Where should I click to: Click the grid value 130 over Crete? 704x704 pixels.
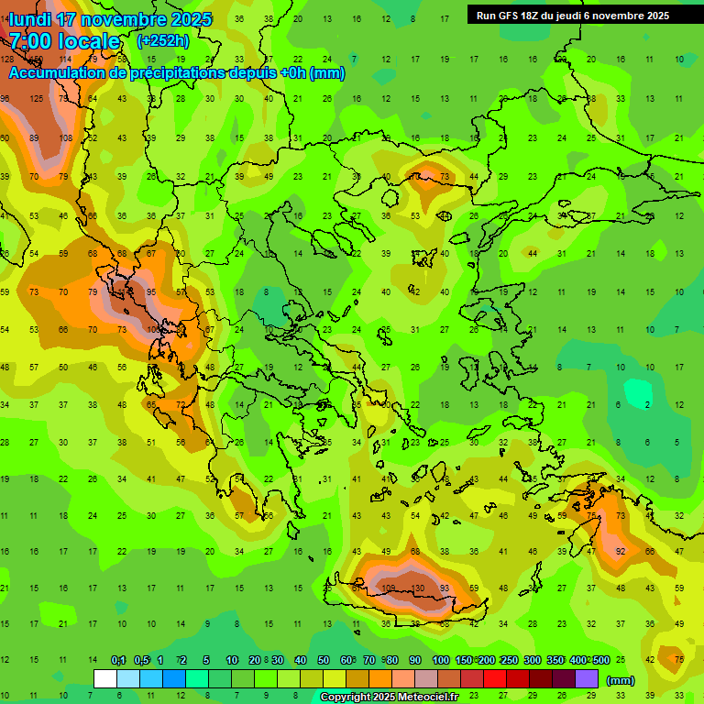pos(417,588)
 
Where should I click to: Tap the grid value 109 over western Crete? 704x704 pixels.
pos(388,588)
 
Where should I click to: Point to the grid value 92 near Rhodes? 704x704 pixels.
pos(621,551)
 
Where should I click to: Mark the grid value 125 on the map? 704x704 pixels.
pos(36,98)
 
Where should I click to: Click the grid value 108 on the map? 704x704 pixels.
pos(65,137)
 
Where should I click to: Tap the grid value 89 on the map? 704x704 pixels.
pos(34,137)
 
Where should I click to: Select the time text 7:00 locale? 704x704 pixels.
pos(64,41)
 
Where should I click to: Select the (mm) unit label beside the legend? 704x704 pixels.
pos(621,680)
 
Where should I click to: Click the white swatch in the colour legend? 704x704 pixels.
pos(105,678)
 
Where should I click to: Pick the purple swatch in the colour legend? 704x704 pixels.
pos(587,678)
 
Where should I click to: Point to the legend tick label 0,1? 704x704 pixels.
pos(118,660)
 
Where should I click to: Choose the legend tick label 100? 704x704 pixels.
pos(440,660)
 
